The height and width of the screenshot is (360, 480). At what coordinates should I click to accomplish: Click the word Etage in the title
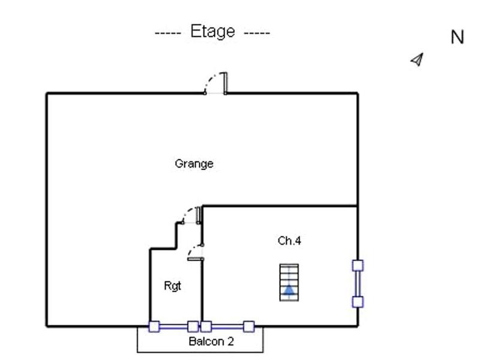pos(212,31)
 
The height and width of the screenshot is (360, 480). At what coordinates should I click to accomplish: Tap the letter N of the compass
pos(457,37)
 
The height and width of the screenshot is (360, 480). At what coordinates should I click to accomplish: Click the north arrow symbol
pos(417,59)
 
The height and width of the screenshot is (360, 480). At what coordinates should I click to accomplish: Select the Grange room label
pos(194,163)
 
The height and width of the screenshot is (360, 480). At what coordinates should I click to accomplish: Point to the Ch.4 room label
pos(289,241)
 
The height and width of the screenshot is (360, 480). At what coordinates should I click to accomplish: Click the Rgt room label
pos(172,286)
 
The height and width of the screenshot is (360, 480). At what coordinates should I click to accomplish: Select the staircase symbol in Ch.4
pos(289,282)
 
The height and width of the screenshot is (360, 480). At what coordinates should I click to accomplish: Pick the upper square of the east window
pos(358,265)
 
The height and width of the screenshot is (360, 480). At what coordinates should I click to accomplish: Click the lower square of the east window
pos(358,302)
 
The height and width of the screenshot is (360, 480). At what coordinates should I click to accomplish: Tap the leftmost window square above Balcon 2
pos(154,327)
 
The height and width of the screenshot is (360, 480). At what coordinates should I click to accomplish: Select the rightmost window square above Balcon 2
pos(248,327)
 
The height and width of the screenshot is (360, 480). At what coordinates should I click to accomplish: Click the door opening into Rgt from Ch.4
pos(196,253)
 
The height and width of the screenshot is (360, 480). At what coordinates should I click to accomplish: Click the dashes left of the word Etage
pos(168,32)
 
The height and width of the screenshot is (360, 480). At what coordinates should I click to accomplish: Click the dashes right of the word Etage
pos(257,32)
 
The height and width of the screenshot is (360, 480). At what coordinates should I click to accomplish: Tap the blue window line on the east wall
pos(358,284)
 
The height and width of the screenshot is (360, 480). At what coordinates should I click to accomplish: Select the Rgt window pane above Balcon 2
pos(173,327)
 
